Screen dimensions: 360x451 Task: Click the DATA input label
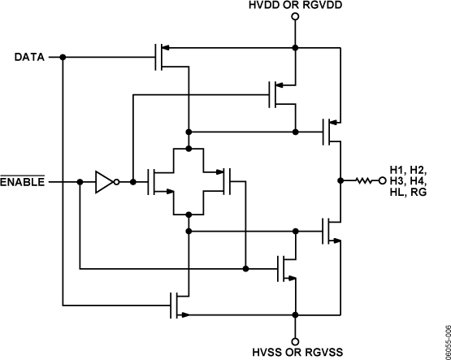pos(29,57)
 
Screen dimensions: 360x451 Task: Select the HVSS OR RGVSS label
pos(296,352)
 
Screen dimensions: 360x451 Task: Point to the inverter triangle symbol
pos(104,182)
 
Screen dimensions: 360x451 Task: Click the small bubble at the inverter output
pos(117,182)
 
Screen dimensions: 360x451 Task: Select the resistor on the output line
pos(363,182)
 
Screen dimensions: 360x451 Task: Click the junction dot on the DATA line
pos(63,57)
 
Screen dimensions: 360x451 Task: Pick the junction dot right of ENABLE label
pos(79,182)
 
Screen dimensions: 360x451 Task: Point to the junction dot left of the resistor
pos(339,182)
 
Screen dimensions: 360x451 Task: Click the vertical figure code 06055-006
pos(444,340)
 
